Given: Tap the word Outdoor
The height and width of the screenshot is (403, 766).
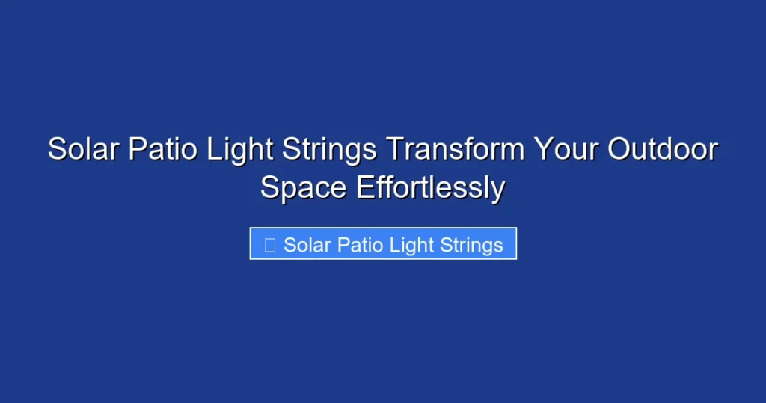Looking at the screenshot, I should (x=662, y=150).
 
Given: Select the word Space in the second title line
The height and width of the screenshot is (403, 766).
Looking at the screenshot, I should (x=304, y=187).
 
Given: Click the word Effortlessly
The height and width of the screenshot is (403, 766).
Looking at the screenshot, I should (x=430, y=187).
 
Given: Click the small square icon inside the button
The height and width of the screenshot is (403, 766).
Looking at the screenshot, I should (x=270, y=244).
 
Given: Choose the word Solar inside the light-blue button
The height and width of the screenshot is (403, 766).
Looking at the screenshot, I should (x=307, y=245).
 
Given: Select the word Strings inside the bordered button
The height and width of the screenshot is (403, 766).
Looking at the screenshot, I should (x=471, y=245).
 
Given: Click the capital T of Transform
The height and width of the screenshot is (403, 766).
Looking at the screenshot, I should (x=393, y=150).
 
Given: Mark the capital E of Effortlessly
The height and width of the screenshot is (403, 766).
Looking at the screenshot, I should (x=365, y=187).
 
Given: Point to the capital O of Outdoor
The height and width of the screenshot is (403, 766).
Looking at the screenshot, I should (x=618, y=150).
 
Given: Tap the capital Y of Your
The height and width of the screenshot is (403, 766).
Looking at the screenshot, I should (x=542, y=150).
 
